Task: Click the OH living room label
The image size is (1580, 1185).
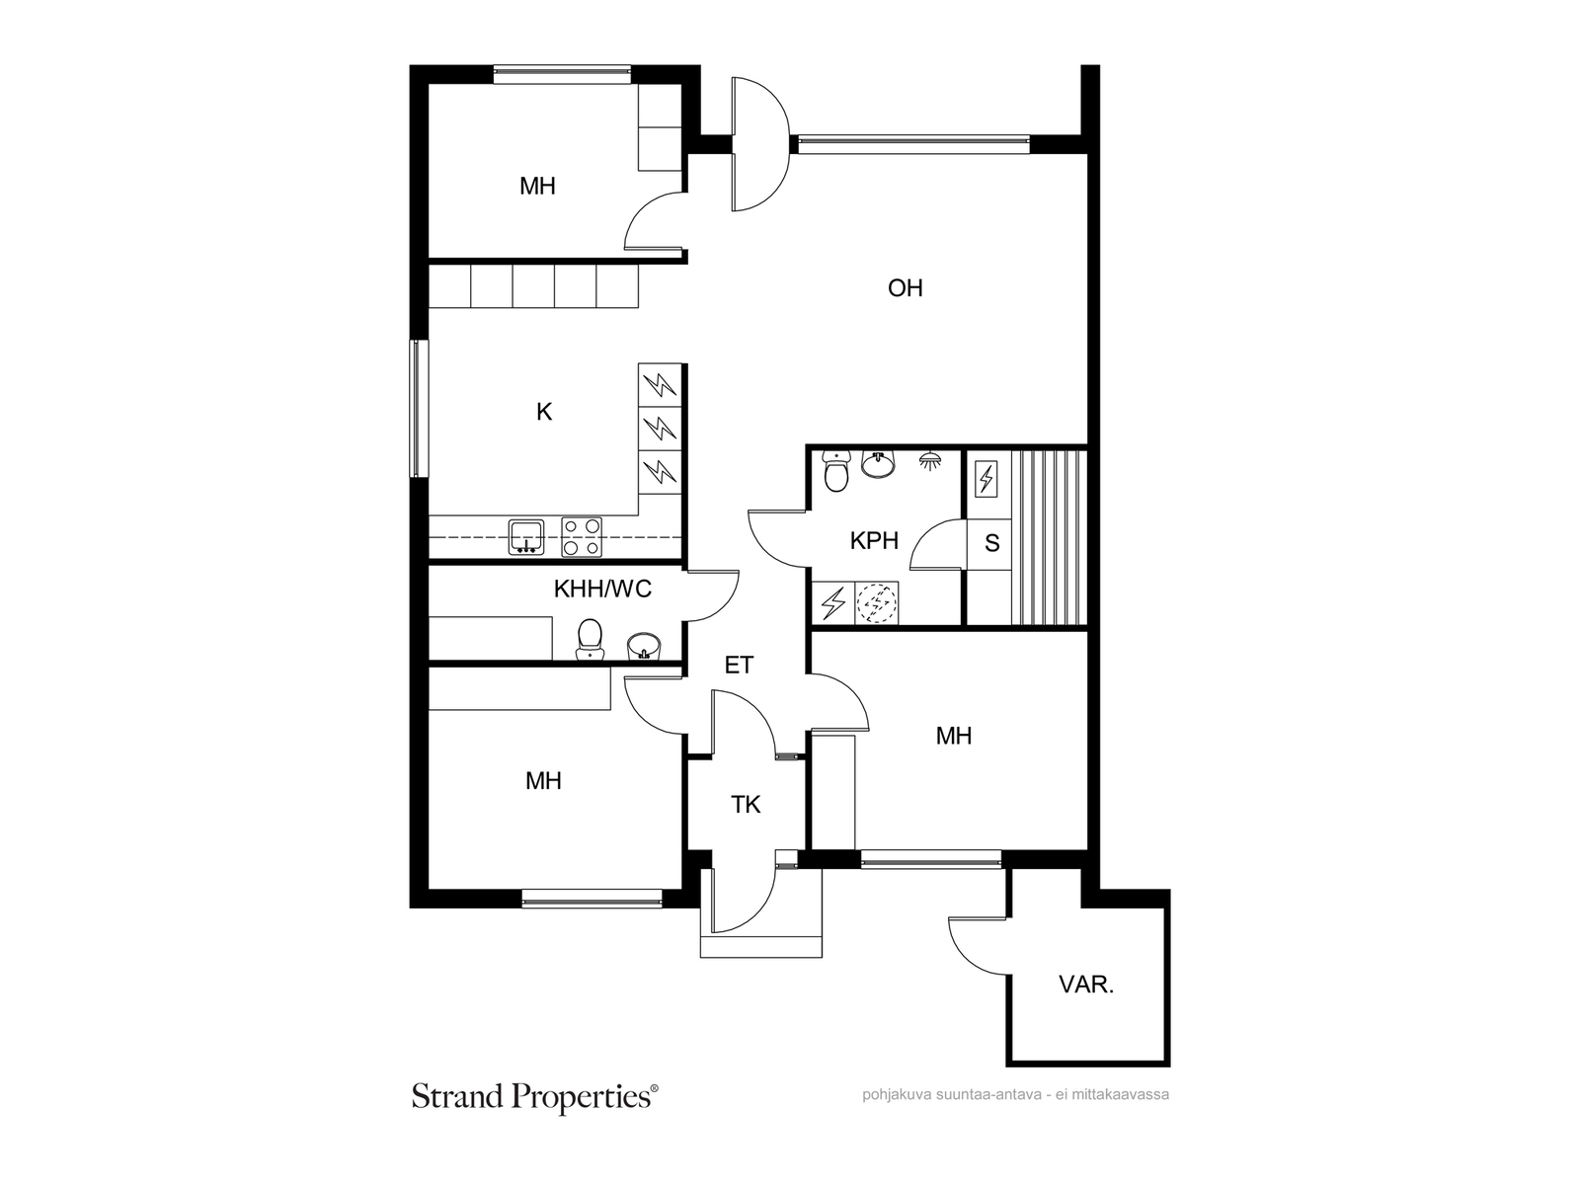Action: click(x=905, y=287)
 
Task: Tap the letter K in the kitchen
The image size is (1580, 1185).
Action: click(x=544, y=412)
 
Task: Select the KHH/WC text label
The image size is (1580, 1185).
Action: click(x=602, y=589)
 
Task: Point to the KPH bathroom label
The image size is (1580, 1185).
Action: click(x=874, y=540)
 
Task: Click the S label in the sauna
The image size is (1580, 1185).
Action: click(x=991, y=543)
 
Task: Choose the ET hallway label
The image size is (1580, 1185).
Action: click(x=740, y=665)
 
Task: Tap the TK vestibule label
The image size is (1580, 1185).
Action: click(x=746, y=805)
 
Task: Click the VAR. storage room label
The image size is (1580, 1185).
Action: click(x=1086, y=985)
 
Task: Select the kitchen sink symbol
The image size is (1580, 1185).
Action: click(x=526, y=537)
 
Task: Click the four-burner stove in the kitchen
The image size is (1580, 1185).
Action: click(x=582, y=537)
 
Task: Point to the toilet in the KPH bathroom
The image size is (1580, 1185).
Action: click(x=835, y=471)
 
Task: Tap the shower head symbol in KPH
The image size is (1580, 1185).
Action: click(x=929, y=461)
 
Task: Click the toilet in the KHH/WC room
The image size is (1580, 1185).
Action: click(x=590, y=638)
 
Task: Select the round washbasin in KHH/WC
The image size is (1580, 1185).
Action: click(x=643, y=646)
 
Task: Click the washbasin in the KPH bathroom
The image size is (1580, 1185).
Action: click(x=878, y=464)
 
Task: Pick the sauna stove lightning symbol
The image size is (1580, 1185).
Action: click(x=987, y=479)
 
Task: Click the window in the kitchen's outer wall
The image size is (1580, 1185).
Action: click(x=419, y=408)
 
